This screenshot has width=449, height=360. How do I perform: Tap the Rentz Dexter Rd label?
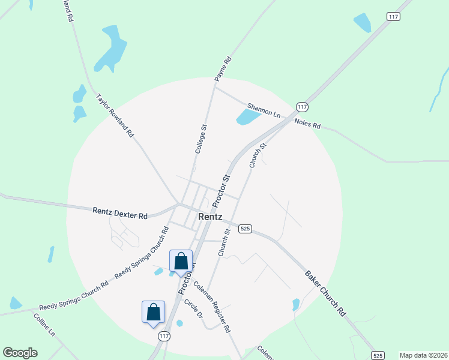pos(120,212)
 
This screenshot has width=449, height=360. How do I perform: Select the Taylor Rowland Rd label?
pos(115,116)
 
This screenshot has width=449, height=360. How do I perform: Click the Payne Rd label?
pos(223,69)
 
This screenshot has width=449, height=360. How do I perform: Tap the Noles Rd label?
pos(307,124)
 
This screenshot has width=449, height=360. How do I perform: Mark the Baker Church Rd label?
pos(326,293)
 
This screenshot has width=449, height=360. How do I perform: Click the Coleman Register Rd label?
pos(211,308)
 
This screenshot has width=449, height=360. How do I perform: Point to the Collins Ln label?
pos(44,325)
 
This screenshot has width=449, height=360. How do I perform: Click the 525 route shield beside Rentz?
pos(244,229)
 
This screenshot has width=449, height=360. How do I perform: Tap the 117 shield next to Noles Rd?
pos(302,106)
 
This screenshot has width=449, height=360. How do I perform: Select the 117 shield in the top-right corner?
pos(393,17)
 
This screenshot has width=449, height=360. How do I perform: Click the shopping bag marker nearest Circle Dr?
pos(153,313)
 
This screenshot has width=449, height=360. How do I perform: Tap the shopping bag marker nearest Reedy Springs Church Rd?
pos(181,262)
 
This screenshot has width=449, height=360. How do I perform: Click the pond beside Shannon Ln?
pos(246,116)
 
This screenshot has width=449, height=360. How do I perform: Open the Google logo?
pos(20,353)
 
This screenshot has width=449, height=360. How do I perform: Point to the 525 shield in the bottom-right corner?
pos(378,355)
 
